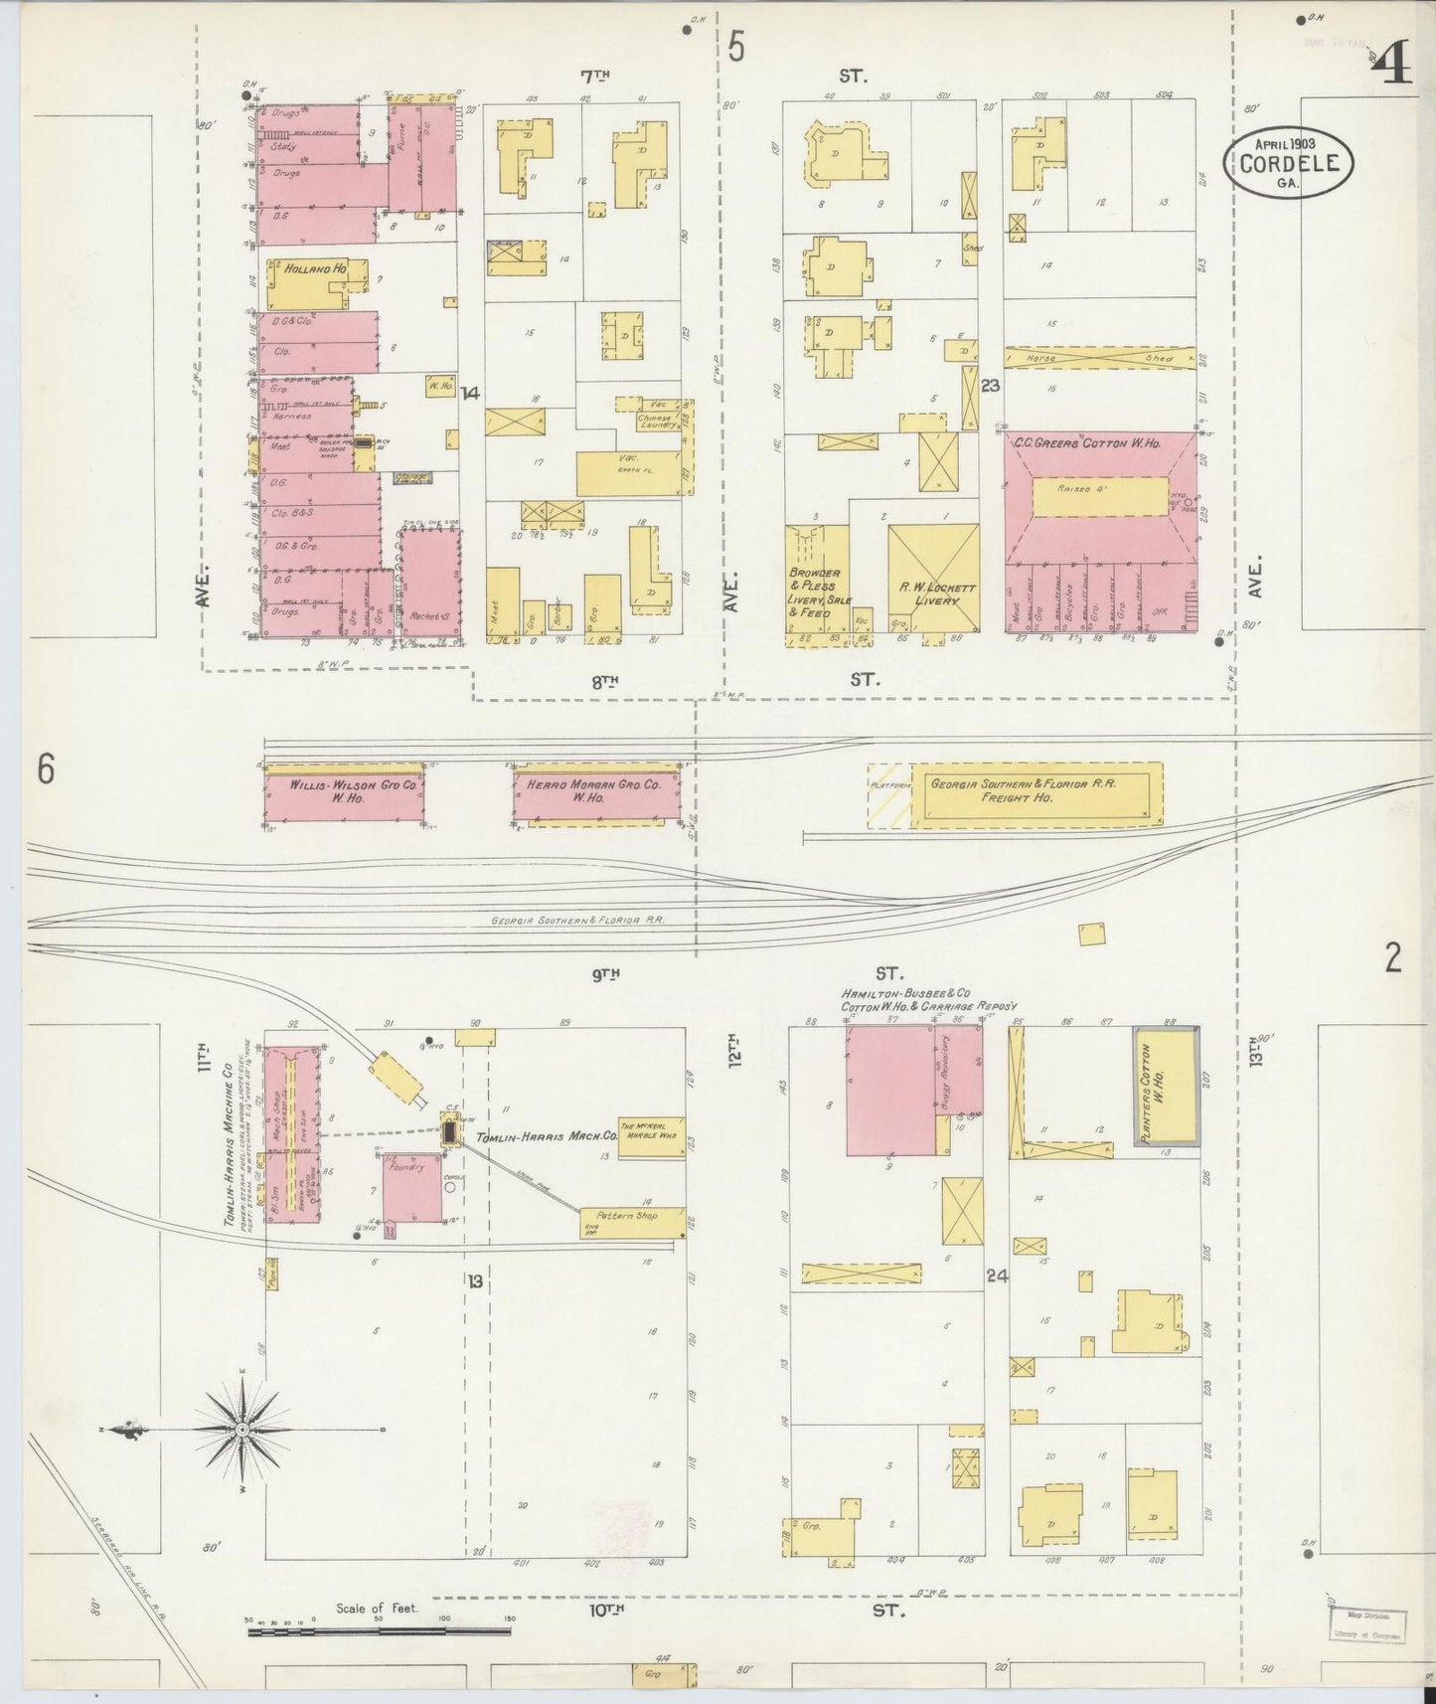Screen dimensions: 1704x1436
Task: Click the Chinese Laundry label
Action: pos(658,421)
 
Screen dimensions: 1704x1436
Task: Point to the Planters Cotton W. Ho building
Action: pos(1166,1087)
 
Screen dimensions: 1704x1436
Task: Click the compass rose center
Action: pos(242,1430)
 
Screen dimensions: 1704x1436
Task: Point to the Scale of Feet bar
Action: pos(378,1630)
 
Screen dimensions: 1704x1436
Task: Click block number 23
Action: pos(989,386)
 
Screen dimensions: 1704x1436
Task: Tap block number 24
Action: pos(997,1277)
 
